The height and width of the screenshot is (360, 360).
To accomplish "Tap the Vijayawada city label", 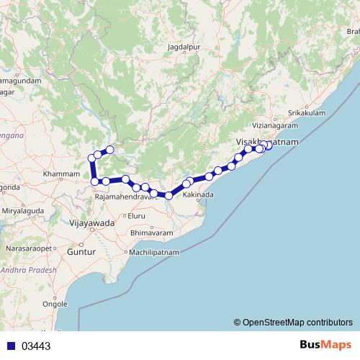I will [x=92, y=224].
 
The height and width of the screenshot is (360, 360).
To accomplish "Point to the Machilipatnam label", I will [x=156, y=253].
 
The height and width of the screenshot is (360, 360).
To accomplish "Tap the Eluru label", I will [x=137, y=215].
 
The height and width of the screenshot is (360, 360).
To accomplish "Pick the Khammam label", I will [x=61, y=175].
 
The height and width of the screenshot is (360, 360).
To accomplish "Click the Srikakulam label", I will [x=305, y=113].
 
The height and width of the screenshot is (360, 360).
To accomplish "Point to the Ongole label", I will [x=55, y=305].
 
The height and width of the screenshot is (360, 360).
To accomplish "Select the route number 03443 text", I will [x=36, y=346].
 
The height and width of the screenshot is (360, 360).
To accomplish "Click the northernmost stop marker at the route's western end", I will [x=110, y=150].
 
